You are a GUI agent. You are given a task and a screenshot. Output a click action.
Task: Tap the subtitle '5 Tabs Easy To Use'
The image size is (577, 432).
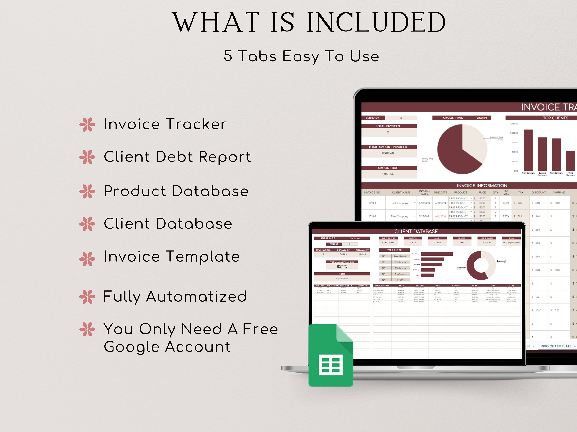pyautogui.click(x=301, y=56)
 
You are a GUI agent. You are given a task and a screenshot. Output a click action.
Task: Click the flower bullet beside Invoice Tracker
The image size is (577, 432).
pyautogui.click(x=87, y=124)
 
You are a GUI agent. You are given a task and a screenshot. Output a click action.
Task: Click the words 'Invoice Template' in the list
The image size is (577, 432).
pyautogui.click(x=172, y=257)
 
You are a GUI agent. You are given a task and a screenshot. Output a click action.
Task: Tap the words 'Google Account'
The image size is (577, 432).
pyautogui.click(x=167, y=347)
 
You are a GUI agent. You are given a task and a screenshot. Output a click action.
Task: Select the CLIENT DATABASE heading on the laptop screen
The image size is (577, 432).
pyautogui.click(x=416, y=231)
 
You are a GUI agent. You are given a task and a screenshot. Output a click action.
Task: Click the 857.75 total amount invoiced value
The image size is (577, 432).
pyautogui.click(x=342, y=266)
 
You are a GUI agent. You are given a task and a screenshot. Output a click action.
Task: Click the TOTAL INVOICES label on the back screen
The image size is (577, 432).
pyautogui.click(x=388, y=126)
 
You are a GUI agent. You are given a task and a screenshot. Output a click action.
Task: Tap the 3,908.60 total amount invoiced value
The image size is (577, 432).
pyautogui.click(x=388, y=153)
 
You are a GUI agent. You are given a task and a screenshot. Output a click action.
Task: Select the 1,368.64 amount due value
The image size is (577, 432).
pyautogui.click(x=388, y=174)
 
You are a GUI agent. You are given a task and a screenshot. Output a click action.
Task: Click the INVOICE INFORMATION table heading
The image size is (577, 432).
pyautogui.click(x=482, y=185)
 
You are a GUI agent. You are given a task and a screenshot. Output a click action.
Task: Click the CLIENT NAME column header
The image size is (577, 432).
pyautogui.click(x=401, y=192)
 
